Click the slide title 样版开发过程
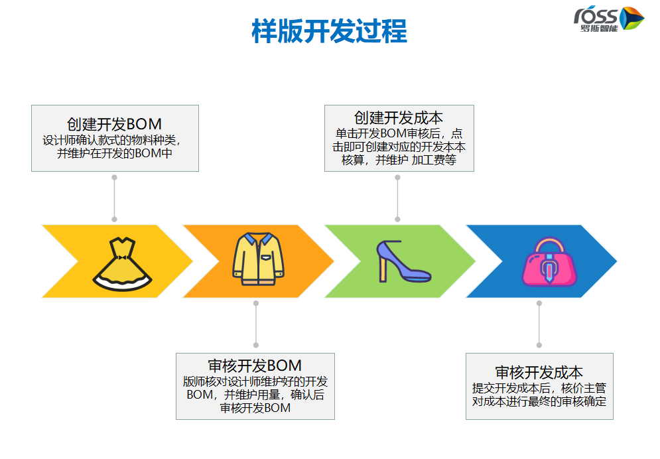[329, 31]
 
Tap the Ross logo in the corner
[608, 19]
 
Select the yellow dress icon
[122, 264]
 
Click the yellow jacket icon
[259, 259]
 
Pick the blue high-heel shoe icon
[403, 261]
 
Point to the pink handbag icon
[549, 262]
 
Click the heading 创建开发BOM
[114, 124]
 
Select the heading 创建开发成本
[399, 117]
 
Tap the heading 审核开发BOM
[255, 365]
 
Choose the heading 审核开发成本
[539, 372]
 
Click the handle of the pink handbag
[549, 245]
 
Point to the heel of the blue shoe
[383, 269]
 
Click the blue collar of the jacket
[259, 239]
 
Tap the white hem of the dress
[122, 284]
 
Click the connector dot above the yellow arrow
[114, 178]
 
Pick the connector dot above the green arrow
[397, 178]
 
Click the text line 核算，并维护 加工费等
[399, 160]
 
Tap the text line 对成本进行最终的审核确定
[539, 401]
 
